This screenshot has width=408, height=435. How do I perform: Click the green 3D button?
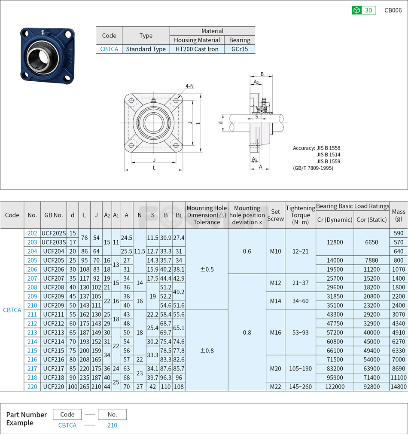(x=364, y=10)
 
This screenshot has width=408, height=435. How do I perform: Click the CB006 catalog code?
(x=393, y=10)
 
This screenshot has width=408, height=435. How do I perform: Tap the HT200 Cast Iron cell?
(x=197, y=49)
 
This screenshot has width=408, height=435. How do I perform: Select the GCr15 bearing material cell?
(x=240, y=49)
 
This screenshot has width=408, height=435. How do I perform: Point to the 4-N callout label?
(x=189, y=86)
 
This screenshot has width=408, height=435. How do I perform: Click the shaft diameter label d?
(x=220, y=123)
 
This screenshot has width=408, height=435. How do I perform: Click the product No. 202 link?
(x=32, y=233)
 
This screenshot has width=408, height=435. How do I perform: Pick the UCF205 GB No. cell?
(x=54, y=260)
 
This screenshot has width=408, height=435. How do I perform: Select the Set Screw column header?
(x=275, y=215)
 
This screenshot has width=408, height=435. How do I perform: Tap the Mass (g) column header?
(x=399, y=215)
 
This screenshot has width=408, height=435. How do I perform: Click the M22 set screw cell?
(x=275, y=386)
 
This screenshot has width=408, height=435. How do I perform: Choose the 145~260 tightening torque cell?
(x=300, y=386)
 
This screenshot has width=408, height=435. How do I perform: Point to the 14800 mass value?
(x=399, y=386)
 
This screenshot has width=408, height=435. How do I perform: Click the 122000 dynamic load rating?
(x=335, y=386)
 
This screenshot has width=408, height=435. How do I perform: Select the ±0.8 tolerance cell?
(x=207, y=350)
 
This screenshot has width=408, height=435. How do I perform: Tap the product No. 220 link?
(x=32, y=386)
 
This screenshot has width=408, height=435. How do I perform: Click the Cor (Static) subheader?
(x=371, y=220)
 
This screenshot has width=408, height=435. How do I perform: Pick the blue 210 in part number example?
(x=112, y=425)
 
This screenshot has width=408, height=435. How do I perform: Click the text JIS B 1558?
(x=328, y=148)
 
